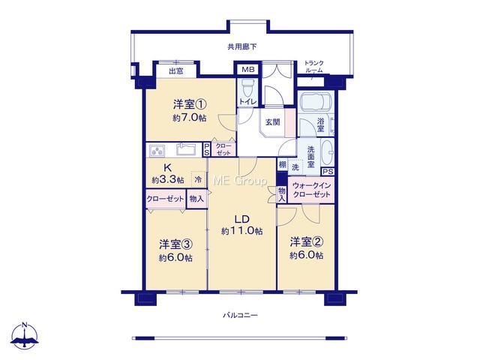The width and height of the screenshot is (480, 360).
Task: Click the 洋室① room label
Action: coord(190,105)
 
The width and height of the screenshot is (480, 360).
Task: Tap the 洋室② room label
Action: coord(307,242)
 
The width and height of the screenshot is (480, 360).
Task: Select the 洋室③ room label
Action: coord(175,244)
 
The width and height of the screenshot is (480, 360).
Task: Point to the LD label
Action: coord(241,219)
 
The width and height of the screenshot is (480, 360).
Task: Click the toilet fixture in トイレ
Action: coord(247,88)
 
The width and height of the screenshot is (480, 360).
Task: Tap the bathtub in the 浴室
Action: coord(316,102)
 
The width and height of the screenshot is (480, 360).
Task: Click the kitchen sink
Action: coord(187,149)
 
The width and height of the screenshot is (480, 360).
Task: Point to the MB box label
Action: coord(248,70)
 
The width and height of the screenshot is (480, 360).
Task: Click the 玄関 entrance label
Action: coord(272,122)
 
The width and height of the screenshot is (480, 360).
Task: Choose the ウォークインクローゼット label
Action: coord(311,190)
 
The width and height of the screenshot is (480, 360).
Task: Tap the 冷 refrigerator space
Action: coord(198,179)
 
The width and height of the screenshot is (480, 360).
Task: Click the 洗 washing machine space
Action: coord(295,167)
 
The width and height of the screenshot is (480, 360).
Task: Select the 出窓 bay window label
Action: coord(176,71)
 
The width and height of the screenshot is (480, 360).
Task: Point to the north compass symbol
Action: coord(25,335)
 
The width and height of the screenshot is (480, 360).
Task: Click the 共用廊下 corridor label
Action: coord(241,46)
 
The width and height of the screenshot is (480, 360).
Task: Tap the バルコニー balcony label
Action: coord(240,315)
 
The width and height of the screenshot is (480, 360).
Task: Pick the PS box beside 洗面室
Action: coord(328,172)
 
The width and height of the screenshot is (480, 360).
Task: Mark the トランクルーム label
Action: coord(313,67)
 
